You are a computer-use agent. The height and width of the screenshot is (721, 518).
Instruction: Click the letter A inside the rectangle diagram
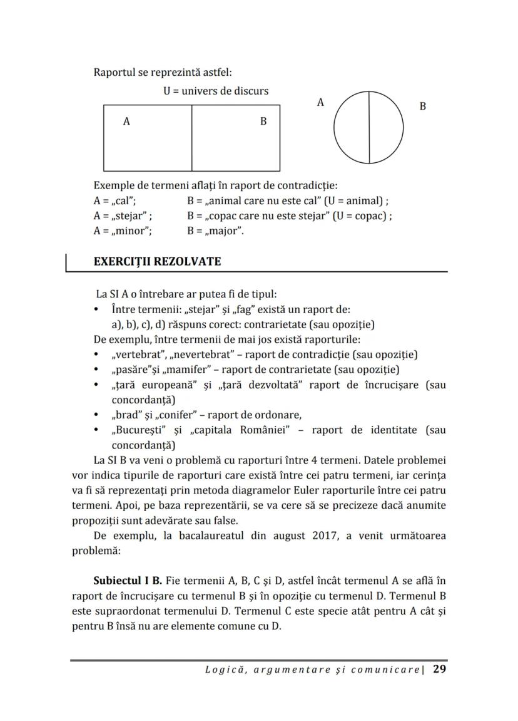(x=126, y=122)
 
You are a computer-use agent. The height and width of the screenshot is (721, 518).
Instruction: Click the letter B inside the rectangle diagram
(x=263, y=122)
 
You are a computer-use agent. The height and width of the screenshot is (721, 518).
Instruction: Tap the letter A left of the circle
(x=320, y=103)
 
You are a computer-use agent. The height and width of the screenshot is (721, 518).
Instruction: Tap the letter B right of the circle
(x=423, y=106)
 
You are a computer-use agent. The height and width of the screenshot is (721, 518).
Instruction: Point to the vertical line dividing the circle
(x=369, y=128)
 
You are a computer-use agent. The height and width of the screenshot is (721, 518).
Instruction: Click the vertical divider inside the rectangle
(x=191, y=138)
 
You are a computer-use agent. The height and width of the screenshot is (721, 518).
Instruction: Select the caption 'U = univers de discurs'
(x=216, y=91)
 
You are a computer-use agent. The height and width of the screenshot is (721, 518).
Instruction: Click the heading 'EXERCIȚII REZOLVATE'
(x=157, y=261)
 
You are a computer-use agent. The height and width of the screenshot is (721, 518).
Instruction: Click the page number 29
(x=439, y=669)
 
